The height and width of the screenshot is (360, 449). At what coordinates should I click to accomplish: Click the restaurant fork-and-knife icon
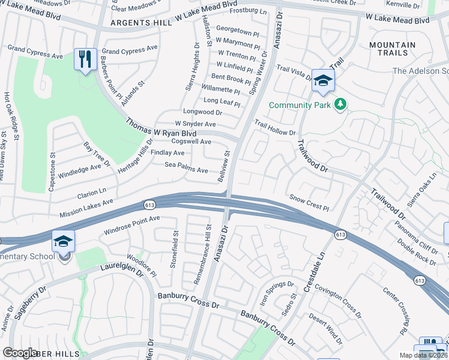point(85,59)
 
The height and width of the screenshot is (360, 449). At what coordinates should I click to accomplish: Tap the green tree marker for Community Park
point(340,105)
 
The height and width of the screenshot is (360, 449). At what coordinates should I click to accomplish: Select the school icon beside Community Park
point(323,82)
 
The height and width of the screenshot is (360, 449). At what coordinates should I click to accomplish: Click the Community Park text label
point(300,105)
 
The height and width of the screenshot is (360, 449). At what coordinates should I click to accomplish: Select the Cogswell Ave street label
point(191,142)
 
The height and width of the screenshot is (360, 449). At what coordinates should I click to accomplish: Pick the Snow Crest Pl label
point(310,202)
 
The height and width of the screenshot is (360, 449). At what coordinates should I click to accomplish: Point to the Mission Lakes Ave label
point(86,208)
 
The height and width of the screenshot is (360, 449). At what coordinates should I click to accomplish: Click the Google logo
point(20,352)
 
